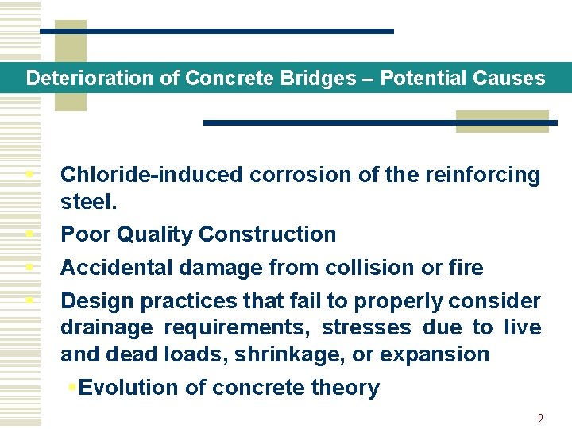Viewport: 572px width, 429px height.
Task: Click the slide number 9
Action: (540, 418)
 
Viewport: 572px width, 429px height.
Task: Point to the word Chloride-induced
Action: (150, 175)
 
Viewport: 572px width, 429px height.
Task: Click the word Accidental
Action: (117, 268)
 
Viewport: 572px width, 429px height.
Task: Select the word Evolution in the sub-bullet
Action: (129, 388)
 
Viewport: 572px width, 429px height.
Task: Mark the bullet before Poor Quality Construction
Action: (29, 234)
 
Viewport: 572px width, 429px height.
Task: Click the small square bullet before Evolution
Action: (71, 387)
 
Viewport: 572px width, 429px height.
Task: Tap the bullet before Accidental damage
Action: (29, 267)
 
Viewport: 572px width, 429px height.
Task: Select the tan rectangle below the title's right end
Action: (502, 121)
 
